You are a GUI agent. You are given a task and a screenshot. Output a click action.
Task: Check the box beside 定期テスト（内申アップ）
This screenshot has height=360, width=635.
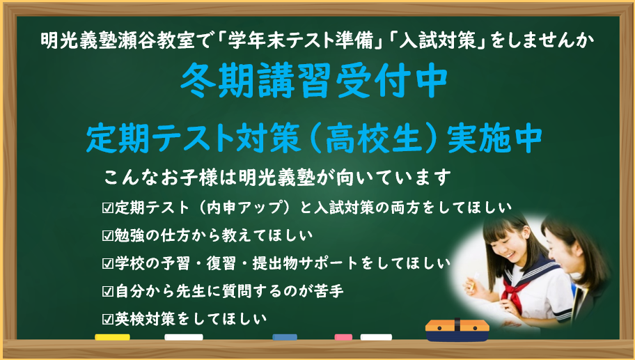point(108,208)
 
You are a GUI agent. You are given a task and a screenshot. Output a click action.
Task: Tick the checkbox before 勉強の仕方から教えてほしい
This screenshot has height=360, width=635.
point(108,235)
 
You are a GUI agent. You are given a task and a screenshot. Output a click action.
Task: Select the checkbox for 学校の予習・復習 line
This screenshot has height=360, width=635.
point(108,264)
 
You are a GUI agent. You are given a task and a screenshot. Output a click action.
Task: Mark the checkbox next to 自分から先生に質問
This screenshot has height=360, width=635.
point(108,291)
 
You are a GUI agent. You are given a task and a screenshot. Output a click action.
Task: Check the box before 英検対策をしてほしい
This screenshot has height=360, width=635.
point(108,319)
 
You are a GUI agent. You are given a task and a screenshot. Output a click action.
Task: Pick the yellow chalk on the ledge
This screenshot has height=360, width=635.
point(112,337)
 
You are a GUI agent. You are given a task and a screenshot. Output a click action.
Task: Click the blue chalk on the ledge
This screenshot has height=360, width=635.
point(284,337)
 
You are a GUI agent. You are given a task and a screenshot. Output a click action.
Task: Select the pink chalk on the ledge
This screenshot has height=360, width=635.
point(343,337)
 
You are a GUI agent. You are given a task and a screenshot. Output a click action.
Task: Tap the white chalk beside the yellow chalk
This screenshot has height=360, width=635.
point(184,337)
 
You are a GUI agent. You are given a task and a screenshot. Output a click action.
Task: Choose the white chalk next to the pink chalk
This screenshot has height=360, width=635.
point(376,337)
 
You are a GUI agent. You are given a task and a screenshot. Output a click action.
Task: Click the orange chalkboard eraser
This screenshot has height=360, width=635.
point(457,329)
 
